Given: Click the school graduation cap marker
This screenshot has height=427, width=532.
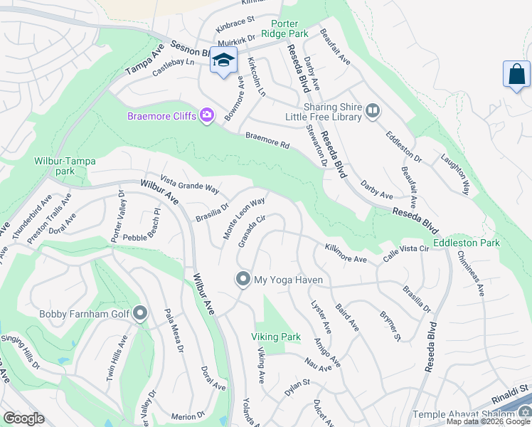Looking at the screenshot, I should [x=223, y=61].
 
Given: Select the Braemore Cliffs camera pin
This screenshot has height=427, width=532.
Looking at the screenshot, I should [x=207, y=115].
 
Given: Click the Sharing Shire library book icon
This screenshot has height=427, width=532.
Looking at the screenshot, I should [x=372, y=110].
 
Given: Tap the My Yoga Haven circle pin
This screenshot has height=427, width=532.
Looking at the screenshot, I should [x=243, y=280].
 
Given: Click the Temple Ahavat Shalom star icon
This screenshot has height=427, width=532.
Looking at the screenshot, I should [x=525, y=413].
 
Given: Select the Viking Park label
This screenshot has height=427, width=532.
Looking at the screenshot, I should [x=275, y=337].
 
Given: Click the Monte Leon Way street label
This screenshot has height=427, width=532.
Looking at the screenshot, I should [x=244, y=218].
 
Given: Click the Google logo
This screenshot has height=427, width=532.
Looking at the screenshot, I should [x=23, y=418].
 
